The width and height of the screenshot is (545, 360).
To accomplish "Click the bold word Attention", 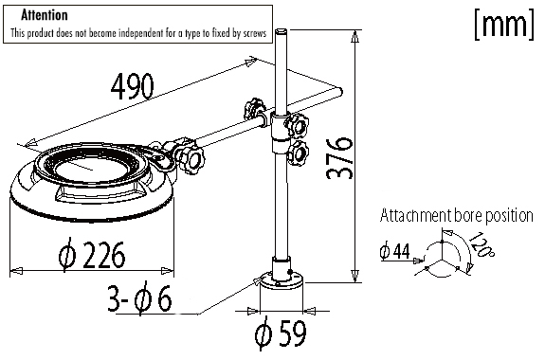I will [x=45, y=16].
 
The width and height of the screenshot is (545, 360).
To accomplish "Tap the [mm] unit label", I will [x=502, y=26].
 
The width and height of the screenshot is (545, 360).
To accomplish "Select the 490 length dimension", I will [x=134, y=86].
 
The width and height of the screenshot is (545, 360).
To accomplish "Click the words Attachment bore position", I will [x=456, y=215].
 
